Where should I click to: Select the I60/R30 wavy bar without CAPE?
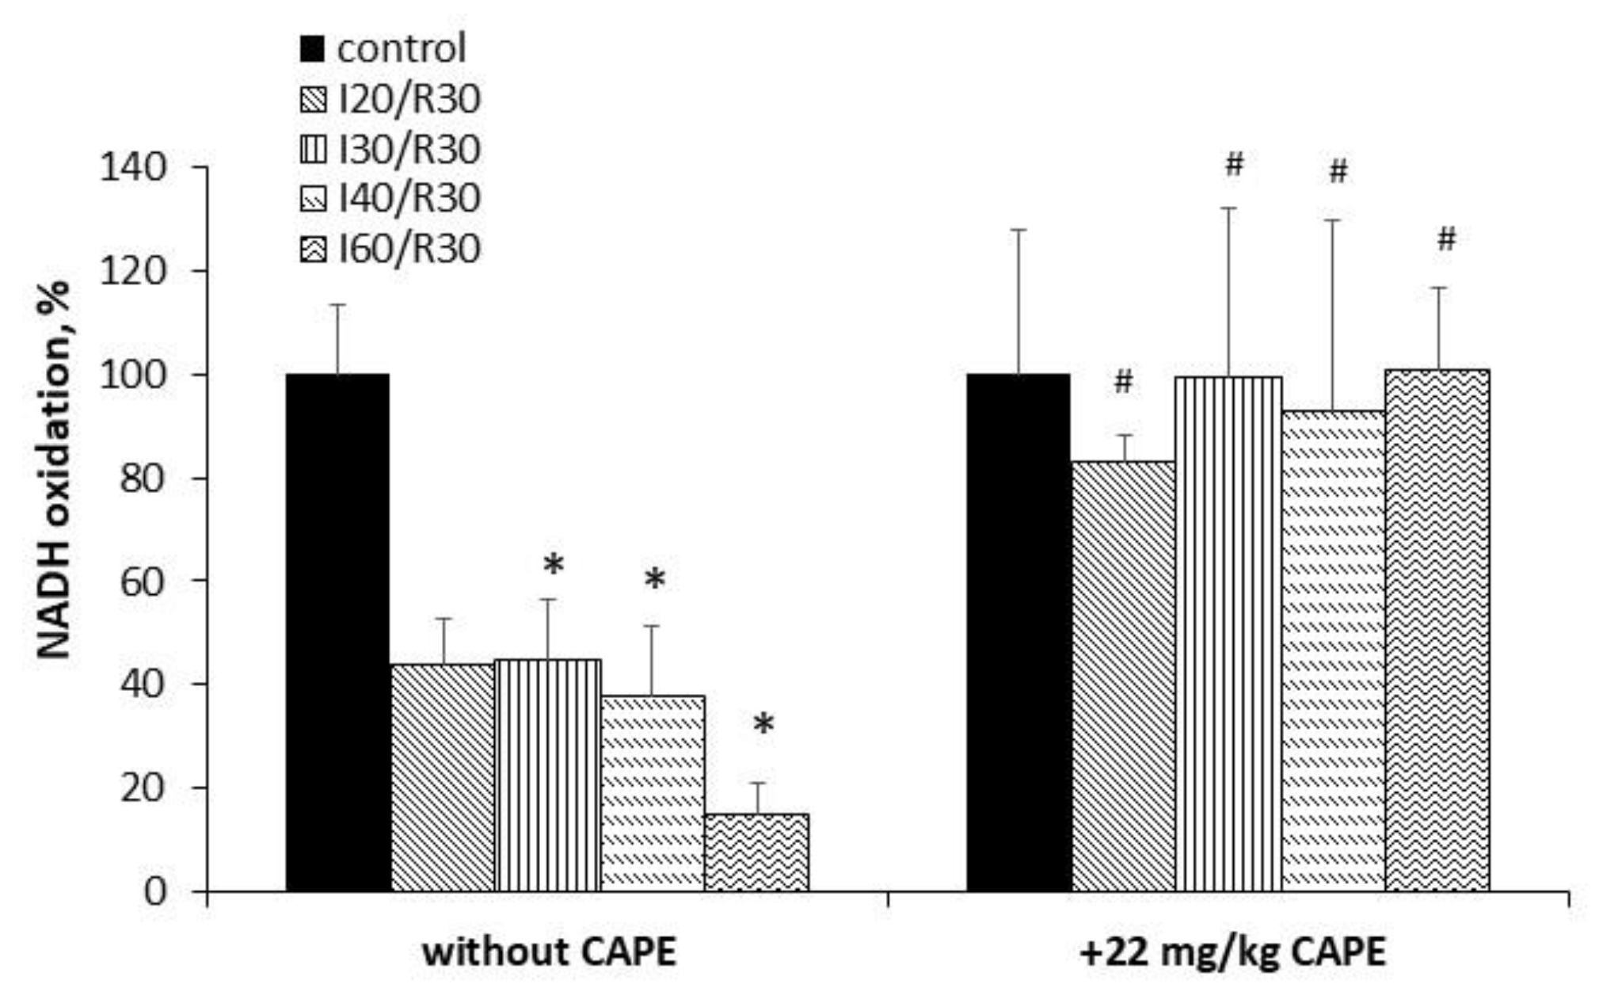[x=756, y=852]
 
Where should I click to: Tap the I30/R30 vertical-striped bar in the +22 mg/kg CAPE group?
[x=1228, y=634]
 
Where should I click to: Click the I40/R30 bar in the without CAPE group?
[x=652, y=792]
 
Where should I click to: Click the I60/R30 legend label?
[x=409, y=250]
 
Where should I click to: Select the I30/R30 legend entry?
[x=409, y=150]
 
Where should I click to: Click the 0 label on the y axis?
[x=155, y=892]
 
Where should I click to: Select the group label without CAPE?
[x=549, y=952]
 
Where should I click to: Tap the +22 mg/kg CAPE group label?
[x=1232, y=952]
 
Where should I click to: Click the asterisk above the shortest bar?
[x=763, y=724]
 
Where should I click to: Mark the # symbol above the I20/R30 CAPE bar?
[x=1123, y=382]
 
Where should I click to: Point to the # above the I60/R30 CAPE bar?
[x=1446, y=238]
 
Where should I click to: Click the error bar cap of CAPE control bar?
[x=1018, y=230]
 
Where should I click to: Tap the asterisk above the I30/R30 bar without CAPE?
[x=553, y=566]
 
